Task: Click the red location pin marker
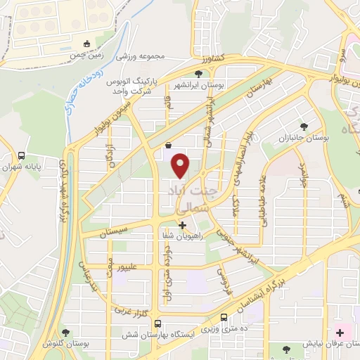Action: pos(181,165)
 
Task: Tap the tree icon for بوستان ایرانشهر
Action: pos(200,74)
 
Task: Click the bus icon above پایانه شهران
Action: pos(22,156)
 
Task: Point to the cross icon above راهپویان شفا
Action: pos(183,226)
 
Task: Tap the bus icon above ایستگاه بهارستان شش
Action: pos(157,324)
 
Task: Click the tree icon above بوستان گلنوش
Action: pos(66,333)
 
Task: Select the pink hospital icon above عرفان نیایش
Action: pos(340,332)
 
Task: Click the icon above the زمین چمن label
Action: pos(86,43)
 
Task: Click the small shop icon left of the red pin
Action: pos(169,146)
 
